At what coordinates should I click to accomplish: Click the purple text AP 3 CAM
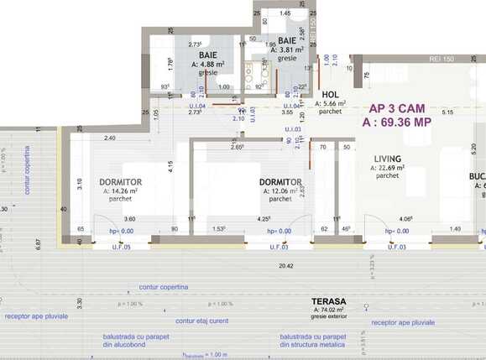(396, 108)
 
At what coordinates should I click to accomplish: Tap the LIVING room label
(387, 158)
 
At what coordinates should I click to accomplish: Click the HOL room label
(331, 95)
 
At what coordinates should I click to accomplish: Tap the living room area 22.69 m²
(387, 167)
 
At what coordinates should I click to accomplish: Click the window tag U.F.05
(123, 248)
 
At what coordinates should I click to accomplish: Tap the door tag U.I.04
(197, 107)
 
